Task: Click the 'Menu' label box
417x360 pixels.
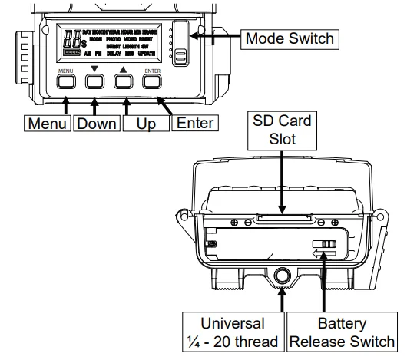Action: pyautogui.click(x=47, y=123)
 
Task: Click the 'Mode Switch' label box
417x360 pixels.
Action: pyautogui.click(x=289, y=38)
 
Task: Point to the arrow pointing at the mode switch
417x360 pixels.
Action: pyautogui.click(x=214, y=36)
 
